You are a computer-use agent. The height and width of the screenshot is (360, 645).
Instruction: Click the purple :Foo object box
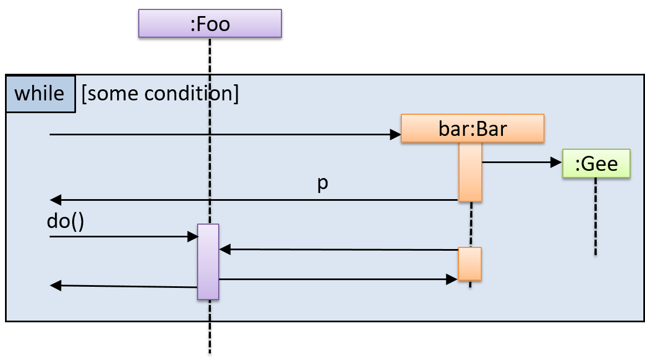210,24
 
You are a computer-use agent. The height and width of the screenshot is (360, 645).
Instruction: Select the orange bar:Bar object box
472,129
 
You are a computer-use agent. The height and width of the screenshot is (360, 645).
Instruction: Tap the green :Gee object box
596,164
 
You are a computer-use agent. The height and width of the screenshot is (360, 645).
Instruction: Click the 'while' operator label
40,94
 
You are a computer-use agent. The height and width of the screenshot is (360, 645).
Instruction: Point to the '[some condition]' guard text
160,94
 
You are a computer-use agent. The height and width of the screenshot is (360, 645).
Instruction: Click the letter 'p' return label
323,184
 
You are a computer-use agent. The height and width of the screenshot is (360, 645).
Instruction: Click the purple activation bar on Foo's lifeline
208,262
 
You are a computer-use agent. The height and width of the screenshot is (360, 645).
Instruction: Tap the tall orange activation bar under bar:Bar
470,172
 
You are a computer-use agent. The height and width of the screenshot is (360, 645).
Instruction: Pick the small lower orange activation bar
470,264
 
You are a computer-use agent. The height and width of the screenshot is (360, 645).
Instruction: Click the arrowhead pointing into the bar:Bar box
396,135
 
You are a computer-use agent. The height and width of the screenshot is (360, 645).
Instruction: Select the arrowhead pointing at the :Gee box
557,163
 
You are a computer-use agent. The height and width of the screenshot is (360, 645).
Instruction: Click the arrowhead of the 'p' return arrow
55,200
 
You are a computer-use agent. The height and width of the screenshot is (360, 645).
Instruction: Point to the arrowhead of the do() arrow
193,237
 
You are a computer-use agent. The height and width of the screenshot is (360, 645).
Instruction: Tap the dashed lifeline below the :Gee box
596,216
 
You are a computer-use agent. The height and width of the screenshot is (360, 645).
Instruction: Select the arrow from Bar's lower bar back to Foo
339,250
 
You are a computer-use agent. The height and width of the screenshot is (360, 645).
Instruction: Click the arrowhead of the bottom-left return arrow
56,286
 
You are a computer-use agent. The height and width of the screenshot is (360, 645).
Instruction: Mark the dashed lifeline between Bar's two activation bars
471,224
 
